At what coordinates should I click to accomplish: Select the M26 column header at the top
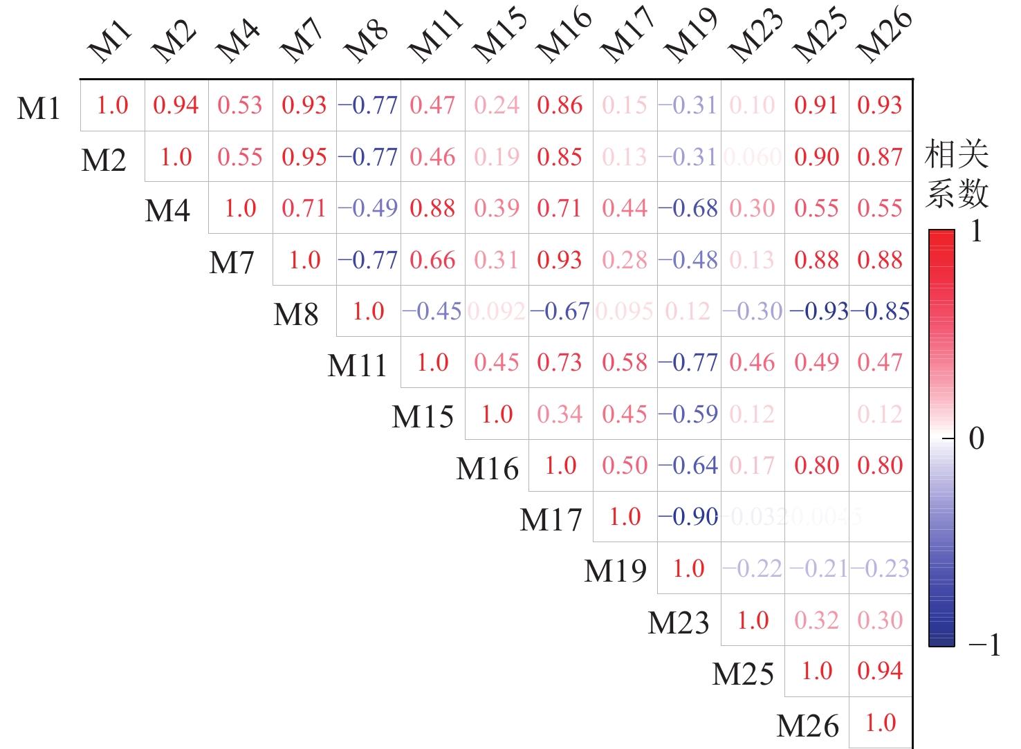883,36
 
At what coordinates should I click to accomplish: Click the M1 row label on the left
39,109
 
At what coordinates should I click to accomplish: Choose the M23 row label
679,622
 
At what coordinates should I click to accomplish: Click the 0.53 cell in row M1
240,105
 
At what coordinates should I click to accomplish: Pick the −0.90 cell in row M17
688,517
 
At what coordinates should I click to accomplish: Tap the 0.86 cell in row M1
560,105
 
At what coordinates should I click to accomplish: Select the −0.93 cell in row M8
818,311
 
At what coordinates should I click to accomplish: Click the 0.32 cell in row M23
817,620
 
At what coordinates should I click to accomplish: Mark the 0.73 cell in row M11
560,362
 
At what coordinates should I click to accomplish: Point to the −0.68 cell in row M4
688,208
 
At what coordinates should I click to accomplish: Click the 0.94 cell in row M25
881,671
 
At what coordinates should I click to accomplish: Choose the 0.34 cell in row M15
560,414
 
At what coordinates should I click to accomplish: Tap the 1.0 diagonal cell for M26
881,723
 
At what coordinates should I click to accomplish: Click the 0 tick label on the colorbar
976,438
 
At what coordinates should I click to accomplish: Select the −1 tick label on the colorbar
984,645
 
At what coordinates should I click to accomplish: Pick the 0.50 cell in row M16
625,465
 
